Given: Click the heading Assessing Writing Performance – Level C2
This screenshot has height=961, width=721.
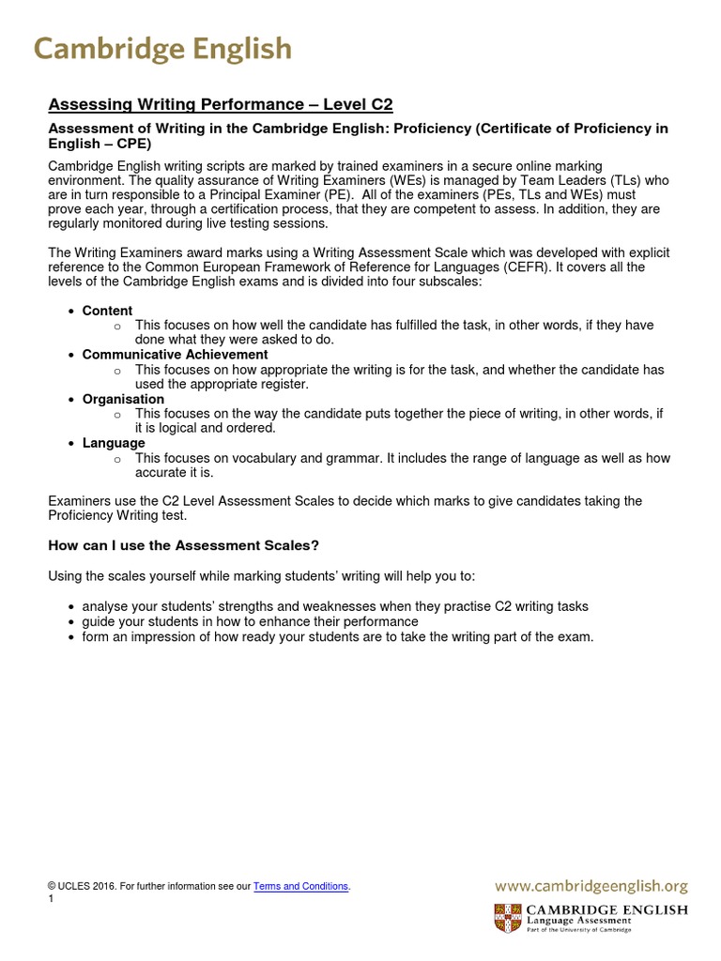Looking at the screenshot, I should pyautogui.click(x=220, y=104).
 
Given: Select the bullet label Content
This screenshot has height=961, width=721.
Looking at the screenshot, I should pyautogui.click(x=107, y=311).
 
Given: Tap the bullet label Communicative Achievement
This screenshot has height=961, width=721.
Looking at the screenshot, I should pyautogui.click(x=175, y=355).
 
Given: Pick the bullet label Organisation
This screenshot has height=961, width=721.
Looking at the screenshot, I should pyautogui.click(x=123, y=399).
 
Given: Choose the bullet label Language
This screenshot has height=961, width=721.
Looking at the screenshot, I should pyautogui.click(x=114, y=443).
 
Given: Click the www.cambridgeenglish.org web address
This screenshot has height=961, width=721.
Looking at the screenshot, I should pyautogui.click(x=591, y=885).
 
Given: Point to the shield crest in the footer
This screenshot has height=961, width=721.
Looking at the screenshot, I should pyautogui.click(x=508, y=917).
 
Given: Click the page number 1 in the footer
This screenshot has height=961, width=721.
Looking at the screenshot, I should pyautogui.click(x=51, y=899).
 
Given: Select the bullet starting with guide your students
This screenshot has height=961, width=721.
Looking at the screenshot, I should pyautogui.click(x=250, y=621).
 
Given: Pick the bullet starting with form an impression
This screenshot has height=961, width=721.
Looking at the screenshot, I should pyautogui.click(x=338, y=636).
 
